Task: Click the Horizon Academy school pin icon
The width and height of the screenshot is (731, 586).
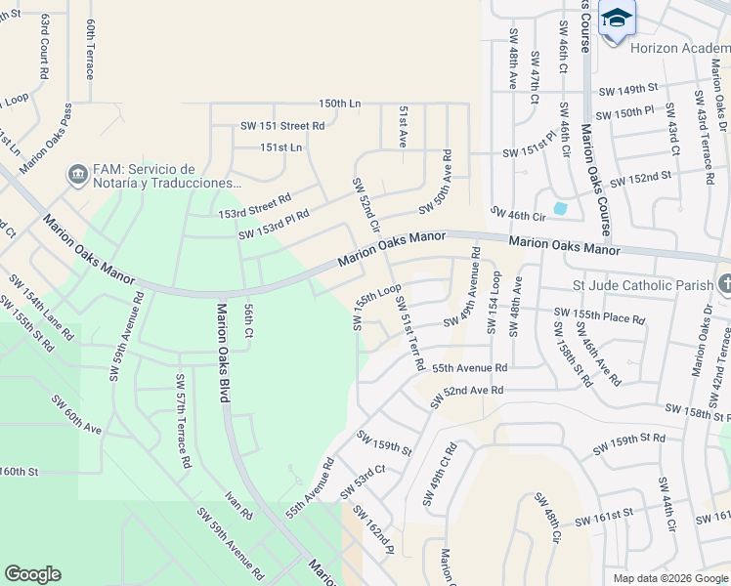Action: click(x=617, y=19)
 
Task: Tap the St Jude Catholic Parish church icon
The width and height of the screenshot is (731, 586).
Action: click(x=724, y=284)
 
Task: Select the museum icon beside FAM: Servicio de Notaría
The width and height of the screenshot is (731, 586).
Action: click(x=76, y=175)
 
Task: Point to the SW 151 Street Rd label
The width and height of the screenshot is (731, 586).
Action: click(x=282, y=126)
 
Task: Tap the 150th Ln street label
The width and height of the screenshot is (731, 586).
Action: click(x=340, y=104)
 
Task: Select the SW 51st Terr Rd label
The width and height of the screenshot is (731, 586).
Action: click(x=409, y=333)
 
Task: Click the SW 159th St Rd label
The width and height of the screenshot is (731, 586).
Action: click(x=629, y=444)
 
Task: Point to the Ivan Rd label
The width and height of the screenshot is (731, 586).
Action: click(x=240, y=506)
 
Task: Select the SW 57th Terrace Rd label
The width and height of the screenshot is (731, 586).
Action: click(x=181, y=420)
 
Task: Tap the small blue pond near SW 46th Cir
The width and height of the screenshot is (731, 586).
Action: click(x=559, y=208)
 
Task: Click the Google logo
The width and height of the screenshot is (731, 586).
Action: click(x=32, y=574)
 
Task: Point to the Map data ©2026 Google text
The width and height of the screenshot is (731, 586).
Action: click(x=670, y=578)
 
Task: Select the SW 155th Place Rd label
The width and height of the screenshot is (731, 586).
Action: click(x=599, y=315)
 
